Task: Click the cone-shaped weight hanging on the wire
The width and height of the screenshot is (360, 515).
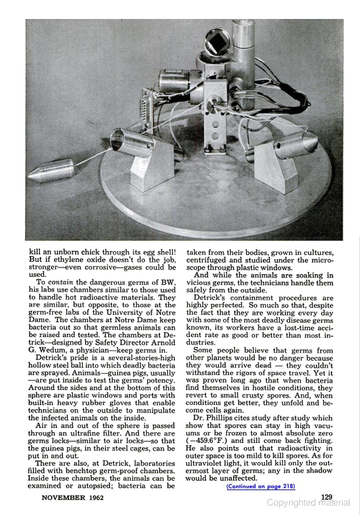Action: tap(50, 171)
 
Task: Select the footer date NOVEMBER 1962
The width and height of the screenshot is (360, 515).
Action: tap(69, 498)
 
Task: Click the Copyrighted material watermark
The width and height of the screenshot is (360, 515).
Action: tap(309, 503)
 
